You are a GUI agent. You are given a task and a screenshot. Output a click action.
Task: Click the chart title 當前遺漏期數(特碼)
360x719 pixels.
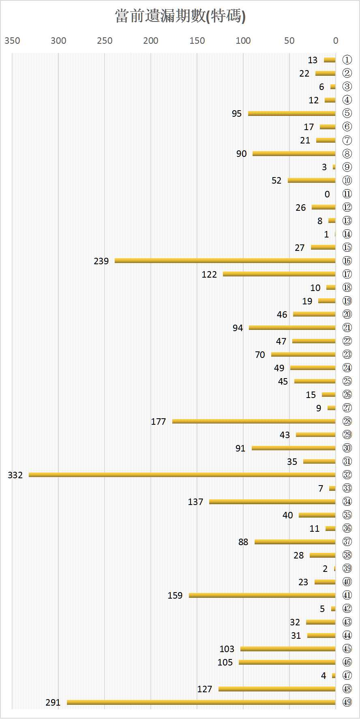click(180, 16)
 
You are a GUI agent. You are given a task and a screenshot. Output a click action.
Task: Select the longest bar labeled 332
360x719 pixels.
click(182, 475)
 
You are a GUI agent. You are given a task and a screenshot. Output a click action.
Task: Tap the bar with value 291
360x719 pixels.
click(201, 702)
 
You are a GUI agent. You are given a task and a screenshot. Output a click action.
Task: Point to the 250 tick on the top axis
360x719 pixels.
click(105, 41)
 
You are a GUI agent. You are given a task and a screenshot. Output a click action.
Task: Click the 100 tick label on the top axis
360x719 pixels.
click(243, 41)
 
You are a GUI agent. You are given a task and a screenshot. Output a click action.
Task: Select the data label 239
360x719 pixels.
click(101, 261)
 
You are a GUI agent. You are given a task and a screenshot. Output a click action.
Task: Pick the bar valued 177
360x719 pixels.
click(254, 421)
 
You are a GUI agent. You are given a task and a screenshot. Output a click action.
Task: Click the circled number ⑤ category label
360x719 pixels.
click(347, 113)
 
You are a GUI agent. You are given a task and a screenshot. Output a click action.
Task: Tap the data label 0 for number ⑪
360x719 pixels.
click(327, 194)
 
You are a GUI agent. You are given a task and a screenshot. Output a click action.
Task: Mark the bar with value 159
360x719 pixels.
click(262, 595)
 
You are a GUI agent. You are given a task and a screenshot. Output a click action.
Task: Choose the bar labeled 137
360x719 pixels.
click(272, 502)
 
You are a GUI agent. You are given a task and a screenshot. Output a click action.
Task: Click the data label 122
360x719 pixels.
click(209, 274)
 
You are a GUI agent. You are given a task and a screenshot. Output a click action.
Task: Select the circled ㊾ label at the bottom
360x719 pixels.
click(347, 702)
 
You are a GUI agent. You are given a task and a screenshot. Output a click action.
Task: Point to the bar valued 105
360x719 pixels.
click(287, 662)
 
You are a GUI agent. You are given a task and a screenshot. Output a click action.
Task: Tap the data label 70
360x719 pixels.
click(260, 355)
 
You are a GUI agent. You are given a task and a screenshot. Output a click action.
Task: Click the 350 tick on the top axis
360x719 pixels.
click(12, 41)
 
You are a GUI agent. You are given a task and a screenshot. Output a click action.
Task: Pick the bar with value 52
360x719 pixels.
click(312, 180)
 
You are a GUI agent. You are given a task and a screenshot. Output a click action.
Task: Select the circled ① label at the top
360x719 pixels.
click(347, 60)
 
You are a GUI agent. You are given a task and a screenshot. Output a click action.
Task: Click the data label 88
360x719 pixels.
click(243, 542)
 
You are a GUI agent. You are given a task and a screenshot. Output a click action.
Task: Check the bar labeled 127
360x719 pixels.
click(277, 689)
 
